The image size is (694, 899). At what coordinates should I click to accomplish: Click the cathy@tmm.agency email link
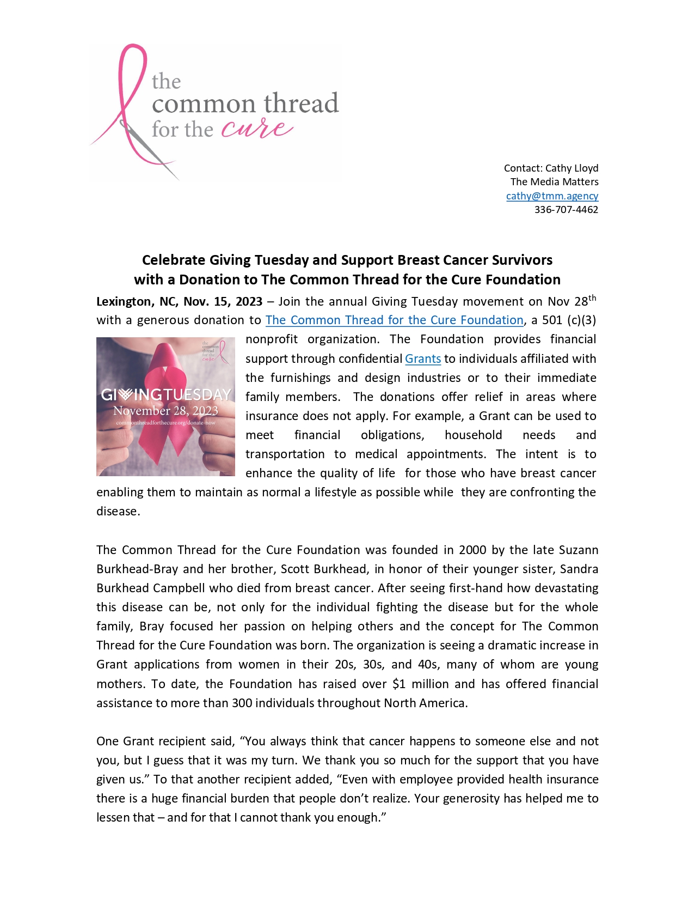click(x=552, y=196)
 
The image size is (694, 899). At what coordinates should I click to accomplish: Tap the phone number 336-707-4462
click(x=566, y=210)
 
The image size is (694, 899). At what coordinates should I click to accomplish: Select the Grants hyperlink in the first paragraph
click(x=423, y=359)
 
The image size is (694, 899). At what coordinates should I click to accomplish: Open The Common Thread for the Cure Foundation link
click(x=394, y=320)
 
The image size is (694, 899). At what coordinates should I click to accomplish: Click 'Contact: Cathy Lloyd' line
click(x=551, y=168)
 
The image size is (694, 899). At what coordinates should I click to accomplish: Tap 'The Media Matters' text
click(x=554, y=182)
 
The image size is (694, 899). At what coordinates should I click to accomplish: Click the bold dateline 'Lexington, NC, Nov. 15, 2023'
click(x=179, y=302)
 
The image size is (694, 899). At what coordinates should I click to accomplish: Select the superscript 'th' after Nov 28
click(x=592, y=297)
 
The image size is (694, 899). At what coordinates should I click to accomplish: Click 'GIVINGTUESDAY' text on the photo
click(x=166, y=394)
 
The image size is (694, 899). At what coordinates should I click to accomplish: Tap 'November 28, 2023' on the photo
click(x=165, y=410)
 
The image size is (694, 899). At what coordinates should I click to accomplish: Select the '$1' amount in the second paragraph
click(x=399, y=684)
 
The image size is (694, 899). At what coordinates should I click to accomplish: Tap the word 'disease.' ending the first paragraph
click(x=118, y=512)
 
